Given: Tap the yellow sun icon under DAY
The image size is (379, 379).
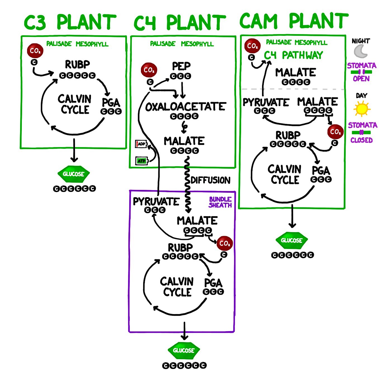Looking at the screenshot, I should (362, 109).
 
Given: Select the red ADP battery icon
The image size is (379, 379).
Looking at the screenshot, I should (141, 144).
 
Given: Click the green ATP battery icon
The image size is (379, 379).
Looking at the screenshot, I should (142, 161).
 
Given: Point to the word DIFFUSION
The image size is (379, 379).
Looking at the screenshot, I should (210, 180).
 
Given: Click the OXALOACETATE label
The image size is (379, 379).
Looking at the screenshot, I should (185, 107).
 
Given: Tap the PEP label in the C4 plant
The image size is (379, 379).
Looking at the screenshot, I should (181, 66).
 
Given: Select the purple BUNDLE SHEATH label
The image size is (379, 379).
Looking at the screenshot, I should (220, 202).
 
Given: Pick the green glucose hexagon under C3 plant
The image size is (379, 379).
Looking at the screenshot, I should (74, 174).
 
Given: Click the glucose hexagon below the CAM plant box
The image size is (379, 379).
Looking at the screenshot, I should (291, 240).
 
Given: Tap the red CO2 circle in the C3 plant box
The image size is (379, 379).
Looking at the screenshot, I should (35, 51).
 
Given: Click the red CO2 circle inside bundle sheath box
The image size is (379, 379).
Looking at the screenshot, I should (225, 243).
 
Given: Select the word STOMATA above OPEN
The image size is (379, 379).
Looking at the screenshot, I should (361, 66).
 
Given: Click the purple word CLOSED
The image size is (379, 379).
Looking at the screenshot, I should (361, 140).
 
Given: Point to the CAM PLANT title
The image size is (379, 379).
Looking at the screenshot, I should (294, 21).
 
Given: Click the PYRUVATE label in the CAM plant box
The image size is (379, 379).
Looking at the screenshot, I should (266, 102).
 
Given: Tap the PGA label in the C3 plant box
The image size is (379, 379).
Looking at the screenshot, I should (111, 102).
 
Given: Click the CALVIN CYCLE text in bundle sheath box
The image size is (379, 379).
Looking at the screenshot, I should (177, 286).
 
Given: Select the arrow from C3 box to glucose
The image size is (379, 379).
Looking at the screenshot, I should (74, 151).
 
